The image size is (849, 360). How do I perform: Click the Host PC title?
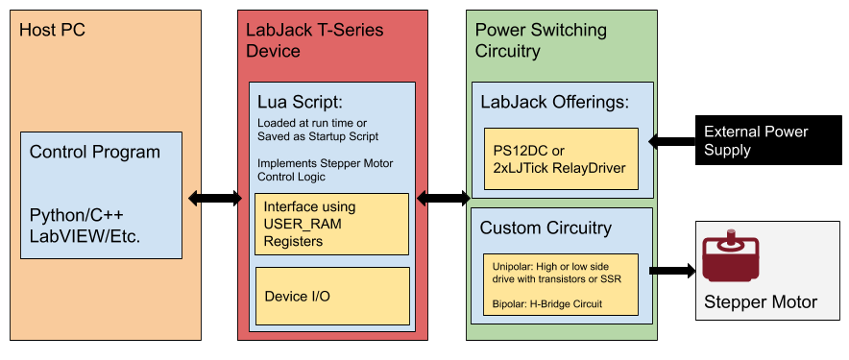point(52,30)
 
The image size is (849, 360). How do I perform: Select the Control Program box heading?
point(95,152)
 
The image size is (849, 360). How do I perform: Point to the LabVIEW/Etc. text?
point(85,235)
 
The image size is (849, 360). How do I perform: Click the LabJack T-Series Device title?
point(314,40)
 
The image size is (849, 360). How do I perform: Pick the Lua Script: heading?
point(300,102)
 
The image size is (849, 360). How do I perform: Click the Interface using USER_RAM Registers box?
point(331,224)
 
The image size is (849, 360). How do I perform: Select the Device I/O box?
point(331,296)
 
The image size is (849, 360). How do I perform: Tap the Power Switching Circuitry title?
point(541,40)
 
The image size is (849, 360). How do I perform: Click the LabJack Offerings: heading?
point(554,102)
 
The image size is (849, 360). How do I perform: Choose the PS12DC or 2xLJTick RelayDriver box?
point(561,158)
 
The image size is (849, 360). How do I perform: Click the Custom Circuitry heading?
point(546,228)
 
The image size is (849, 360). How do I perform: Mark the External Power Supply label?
point(756,141)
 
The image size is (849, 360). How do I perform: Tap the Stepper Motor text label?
point(761,302)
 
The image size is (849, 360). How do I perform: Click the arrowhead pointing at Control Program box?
point(194,199)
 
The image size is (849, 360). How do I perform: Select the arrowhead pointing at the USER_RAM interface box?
point(422,199)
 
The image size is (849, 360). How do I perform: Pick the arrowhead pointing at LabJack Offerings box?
point(654,142)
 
